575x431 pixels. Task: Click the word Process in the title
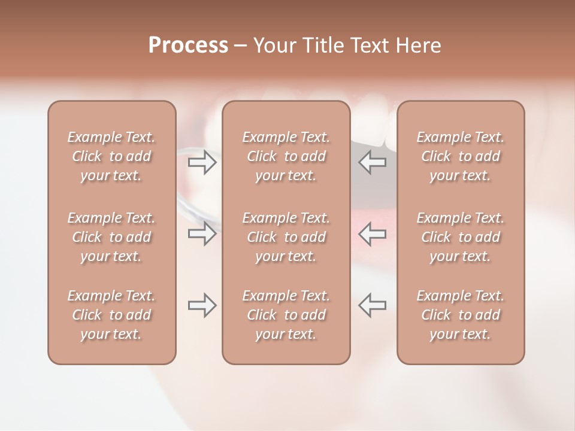[188, 45]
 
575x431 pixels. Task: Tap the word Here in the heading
[417, 45]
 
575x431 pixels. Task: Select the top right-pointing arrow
[202, 162]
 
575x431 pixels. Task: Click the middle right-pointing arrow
[202, 233]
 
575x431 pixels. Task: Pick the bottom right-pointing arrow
[202, 305]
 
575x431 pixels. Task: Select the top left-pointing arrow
[373, 162]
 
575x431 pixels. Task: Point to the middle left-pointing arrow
[373, 233]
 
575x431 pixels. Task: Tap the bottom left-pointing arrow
[373, 305]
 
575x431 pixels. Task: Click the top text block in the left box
[111, 156]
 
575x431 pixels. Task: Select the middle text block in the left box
[111, 237]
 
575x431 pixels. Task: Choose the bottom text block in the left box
[111, 315]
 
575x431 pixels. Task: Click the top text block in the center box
[286, 156]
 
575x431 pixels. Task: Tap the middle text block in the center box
[286, 237]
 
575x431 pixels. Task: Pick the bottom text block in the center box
[286, 315]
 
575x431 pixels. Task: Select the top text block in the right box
[460, 156]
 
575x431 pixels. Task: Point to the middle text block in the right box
[460, 237]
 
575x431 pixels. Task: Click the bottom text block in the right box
[460, 315]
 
